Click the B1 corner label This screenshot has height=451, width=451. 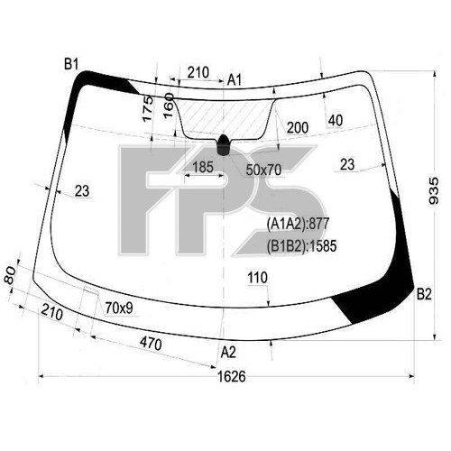pos(71,63)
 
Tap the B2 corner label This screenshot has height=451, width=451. pos(424,292)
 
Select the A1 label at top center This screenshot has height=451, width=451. pos(235,81)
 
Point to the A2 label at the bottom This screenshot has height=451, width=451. pos(228,352)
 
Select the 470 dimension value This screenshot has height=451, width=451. pos(151,344)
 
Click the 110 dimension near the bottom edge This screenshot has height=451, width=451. pos(257,278)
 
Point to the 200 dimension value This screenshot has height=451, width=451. pos(297,129)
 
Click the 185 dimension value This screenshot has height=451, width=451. pos(203,167)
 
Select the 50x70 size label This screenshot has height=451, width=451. pos(263,169)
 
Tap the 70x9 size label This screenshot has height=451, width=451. pos(119,308)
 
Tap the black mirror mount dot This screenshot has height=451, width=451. pos(223,141)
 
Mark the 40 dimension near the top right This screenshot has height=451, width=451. pos(336,120)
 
